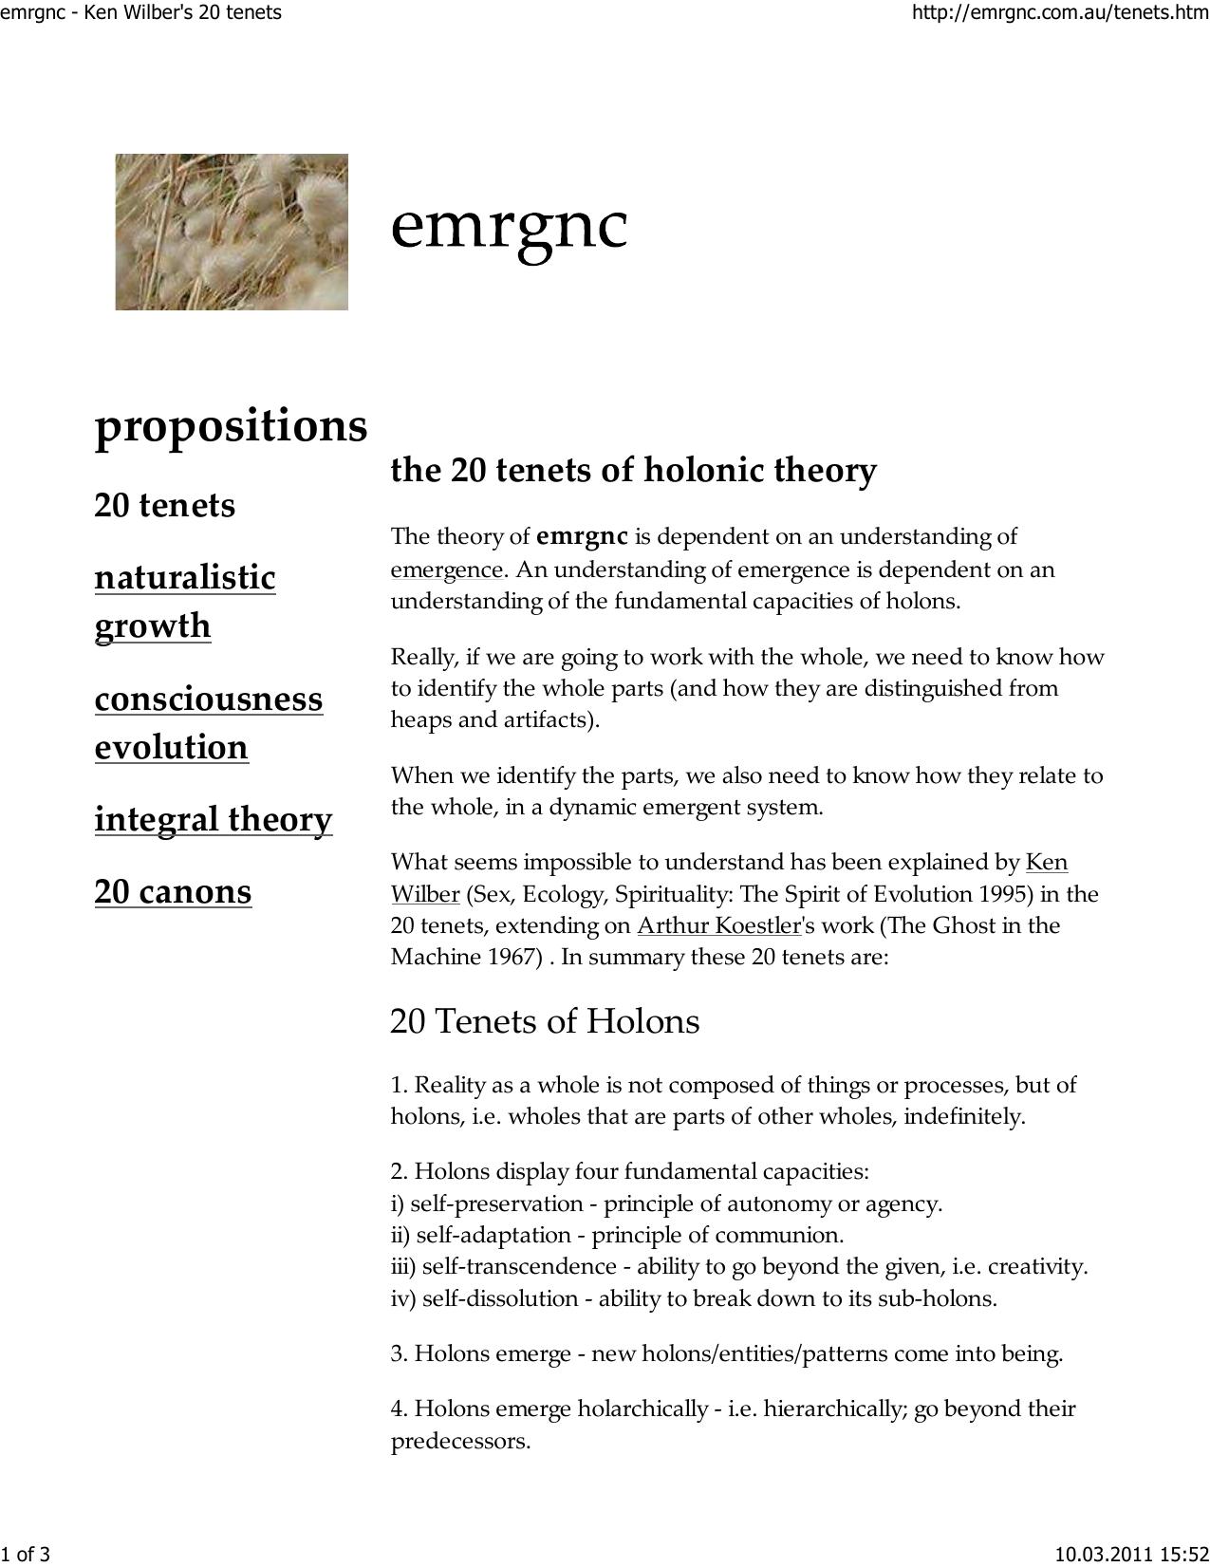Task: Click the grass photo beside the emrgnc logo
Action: click(232, 232)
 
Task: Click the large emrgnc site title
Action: click(509, 226)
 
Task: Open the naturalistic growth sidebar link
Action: click(185, 601)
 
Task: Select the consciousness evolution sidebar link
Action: click(209, 722)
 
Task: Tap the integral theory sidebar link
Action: click(214, 819)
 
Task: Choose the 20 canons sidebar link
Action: click(173, 891)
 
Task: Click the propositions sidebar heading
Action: click(231, 425)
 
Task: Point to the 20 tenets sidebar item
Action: click(164, 505)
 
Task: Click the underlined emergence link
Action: click(446, 569)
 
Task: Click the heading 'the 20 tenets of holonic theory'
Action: click(633, 470)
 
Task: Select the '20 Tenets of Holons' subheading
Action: click(545, 1021)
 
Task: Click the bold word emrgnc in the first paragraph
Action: click(582, 537)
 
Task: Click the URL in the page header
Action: click(1059, 13)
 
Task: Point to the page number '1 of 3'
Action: click(25, 1554)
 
